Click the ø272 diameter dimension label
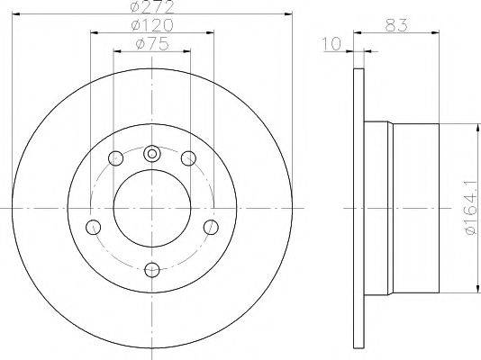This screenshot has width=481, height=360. (x=152, y=6)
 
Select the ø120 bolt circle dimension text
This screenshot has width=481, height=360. (x=152, y=25)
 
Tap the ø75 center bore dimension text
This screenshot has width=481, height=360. (x=152, y=44)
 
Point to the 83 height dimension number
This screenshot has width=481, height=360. (x=396, y=25)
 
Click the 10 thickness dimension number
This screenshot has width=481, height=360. (x=331, y=44)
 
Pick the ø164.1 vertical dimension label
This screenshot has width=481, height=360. (x=472, y=208)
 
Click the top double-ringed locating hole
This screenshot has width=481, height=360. (x=152, y=154)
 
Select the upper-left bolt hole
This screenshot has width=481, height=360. (x=116, y=158)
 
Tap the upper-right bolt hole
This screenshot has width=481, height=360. (x=188, y=158)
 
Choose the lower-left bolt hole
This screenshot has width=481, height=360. (x=94, y=228)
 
